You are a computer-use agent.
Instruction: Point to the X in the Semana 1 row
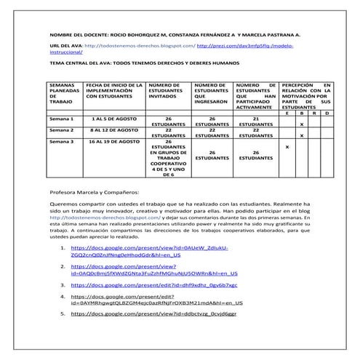pos(302,124)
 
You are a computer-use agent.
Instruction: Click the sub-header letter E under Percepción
pos(287,112)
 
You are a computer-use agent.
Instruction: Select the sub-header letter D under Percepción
pos(327,112)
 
